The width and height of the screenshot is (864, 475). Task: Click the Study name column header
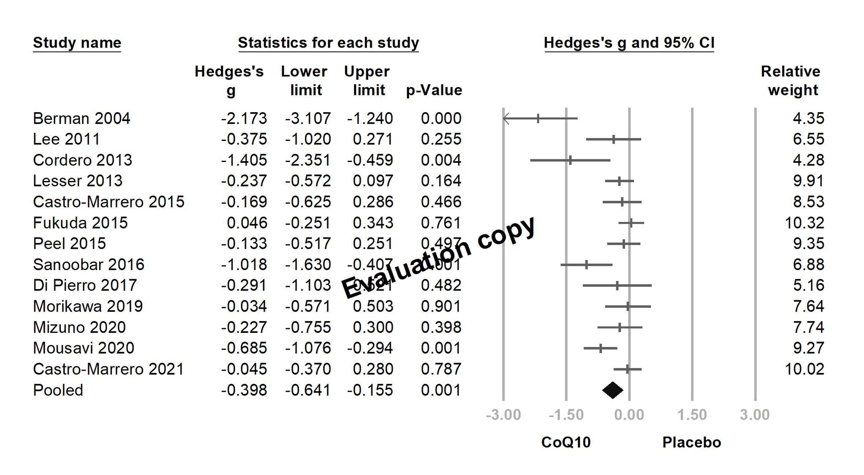point(77,43)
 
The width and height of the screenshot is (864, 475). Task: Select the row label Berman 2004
point(81,119)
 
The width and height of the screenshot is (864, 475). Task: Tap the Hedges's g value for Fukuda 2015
point(247,223)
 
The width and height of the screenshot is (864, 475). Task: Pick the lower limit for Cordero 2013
point(308,160)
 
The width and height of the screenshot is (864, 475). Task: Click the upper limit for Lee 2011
point(373,139)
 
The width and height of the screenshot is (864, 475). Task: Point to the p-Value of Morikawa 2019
point(441,306)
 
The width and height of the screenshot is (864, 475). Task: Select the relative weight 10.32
point(804,223)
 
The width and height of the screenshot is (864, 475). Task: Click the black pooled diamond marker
point(613,390)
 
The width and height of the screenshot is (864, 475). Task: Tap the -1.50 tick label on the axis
point(566,415)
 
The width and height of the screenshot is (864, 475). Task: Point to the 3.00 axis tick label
point(755,415)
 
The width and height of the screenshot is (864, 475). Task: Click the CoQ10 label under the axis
point(566,443)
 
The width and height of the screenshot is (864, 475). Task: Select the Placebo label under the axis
point(691,443)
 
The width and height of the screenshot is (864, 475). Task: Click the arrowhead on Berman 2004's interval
point(506,119)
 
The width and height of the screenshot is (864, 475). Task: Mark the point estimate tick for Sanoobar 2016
point(586,265)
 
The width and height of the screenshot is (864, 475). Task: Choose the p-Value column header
point(434,90)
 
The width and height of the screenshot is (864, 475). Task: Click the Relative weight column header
point(791,81)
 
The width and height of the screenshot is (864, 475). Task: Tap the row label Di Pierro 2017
point(85,286)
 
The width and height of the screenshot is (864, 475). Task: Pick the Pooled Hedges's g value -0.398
point(244,390)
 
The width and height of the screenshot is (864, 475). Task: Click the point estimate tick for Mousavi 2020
point(600,348)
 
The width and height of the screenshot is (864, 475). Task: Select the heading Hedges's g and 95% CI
point(629,43)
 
